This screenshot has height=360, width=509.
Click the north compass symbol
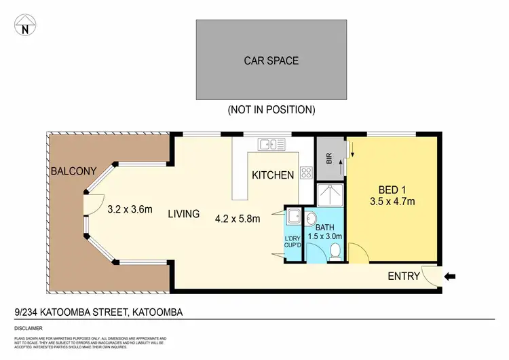click(26, 26)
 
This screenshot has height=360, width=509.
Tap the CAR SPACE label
click(271, 60)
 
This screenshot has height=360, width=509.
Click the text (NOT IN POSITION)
click(271, 109)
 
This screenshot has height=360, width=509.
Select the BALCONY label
click(73, 171)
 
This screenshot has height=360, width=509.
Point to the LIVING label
click(184, 214)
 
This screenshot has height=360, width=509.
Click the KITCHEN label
click(273, 175)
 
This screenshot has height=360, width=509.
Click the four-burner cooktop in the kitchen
click(306, 173)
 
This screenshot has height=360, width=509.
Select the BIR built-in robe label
click(329, 159)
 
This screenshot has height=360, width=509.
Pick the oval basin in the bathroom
click(311, 219)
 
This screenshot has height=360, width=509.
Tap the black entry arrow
click(450, 276)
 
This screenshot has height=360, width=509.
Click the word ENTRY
click(403, 276)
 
